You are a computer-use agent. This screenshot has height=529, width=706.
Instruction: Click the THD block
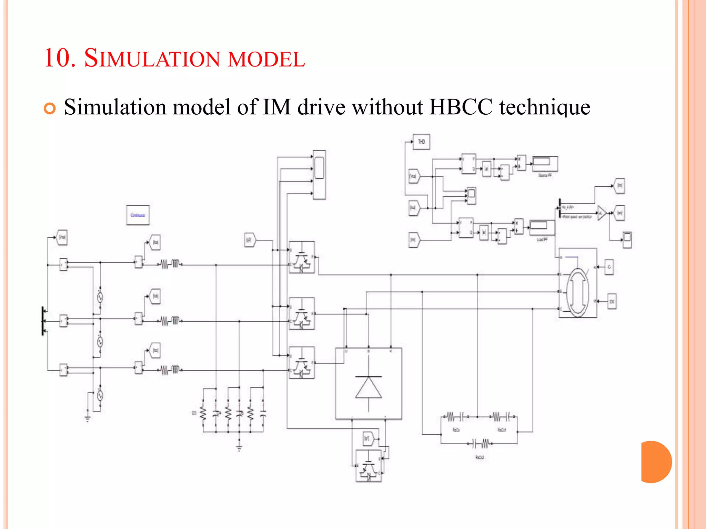(x=421, y=142)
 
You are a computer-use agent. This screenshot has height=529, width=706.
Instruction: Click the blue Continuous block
(x=138, y=215)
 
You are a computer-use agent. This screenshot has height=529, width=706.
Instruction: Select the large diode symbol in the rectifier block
(x=369, y=387)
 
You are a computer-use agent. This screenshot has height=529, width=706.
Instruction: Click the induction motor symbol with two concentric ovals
(x=578, y=292)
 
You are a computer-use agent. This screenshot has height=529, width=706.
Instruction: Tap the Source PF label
(x=545, y=175)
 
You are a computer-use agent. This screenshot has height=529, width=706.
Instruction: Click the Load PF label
(x=542, y=239)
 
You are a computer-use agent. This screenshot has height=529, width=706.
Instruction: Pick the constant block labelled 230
(x=612, y=301)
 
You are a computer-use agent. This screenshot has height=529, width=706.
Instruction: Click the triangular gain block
(x=602, y=213)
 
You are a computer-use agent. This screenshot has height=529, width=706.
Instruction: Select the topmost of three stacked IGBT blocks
(x=302, y=257)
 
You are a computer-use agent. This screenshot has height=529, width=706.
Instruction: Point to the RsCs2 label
(x=480, y=457)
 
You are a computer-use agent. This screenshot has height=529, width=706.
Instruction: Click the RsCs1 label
(x=502, y=430)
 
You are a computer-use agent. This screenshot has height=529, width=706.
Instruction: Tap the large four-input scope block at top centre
(x=319, y=175)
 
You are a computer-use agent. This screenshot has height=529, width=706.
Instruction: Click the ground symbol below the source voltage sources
(x=88, y=418)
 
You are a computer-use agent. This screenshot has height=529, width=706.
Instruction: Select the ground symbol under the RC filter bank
(x=239, y=448)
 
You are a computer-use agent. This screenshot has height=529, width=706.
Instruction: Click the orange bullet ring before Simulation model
(x=50, y=108)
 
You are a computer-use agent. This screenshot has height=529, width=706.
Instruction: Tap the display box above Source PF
(x=545, y=163)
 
